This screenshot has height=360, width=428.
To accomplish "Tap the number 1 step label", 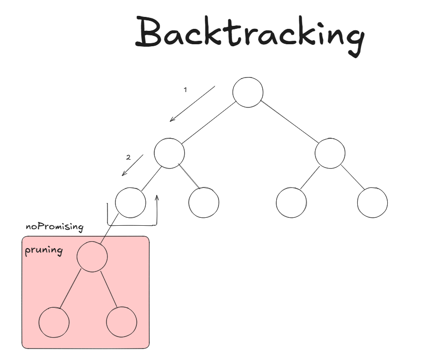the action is [186, 90].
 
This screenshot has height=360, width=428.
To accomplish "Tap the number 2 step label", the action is [128, 158].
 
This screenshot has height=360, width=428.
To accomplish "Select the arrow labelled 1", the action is [192, 103].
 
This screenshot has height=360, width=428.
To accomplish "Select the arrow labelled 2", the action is [132, 165].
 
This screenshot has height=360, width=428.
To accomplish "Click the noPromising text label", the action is [55, 227].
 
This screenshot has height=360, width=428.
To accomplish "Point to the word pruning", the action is [44, 250].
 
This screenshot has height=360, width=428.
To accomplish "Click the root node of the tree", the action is [248, 92].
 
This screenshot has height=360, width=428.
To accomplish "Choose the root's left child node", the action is [169, 153].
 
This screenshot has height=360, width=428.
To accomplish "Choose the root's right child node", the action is [330, 153].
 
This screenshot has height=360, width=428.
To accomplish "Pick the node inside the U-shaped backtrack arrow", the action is [130, 202].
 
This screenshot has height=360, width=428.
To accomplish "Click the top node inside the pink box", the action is [92, 257].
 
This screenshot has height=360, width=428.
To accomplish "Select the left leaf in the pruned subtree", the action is [54, 322].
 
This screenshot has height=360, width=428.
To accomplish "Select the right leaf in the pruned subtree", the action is [121, 322].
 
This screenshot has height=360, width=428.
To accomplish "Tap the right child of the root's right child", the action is [372, 202].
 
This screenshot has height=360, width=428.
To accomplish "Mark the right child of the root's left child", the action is [204, 202].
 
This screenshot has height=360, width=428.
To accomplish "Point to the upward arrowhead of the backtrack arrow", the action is [157, 198].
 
